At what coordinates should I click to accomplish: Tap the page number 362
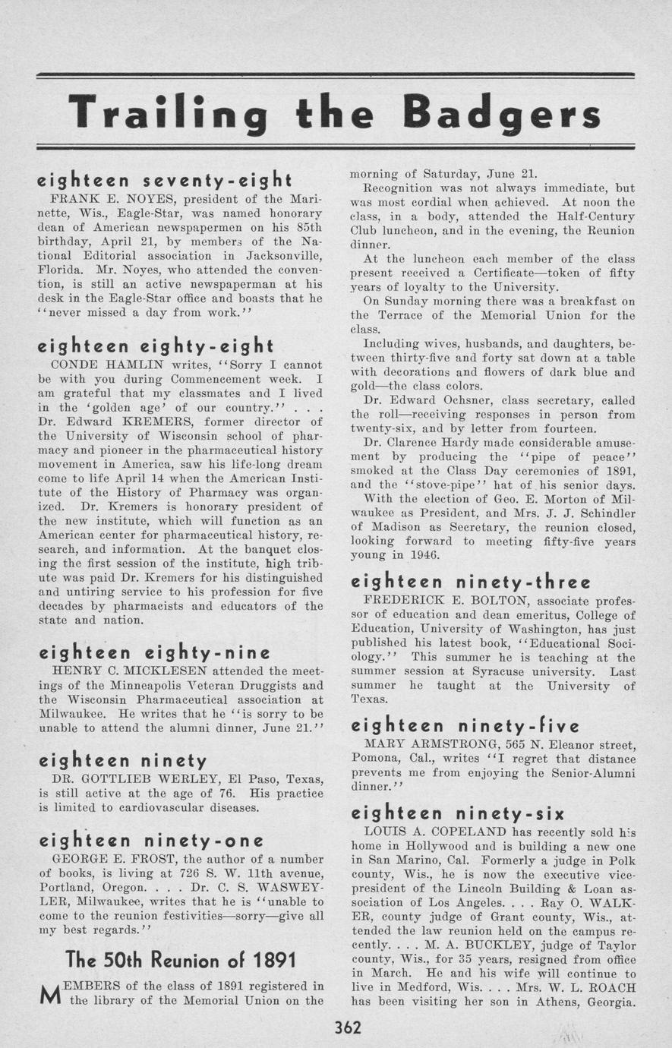pyautogui.click(x=347, y=1028)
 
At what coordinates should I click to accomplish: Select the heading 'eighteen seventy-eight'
pyautogui.click(x=165, y=181)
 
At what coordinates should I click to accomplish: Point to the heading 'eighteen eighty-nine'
pyautogui.click(x=154, y=652)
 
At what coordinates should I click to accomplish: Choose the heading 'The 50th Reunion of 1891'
pyautogui.click(x=181, y=960)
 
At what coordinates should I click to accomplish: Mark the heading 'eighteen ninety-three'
pyautogui.click(x=470, y=582)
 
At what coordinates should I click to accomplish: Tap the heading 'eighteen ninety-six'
pyautogui.click(x=457, y=814)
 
